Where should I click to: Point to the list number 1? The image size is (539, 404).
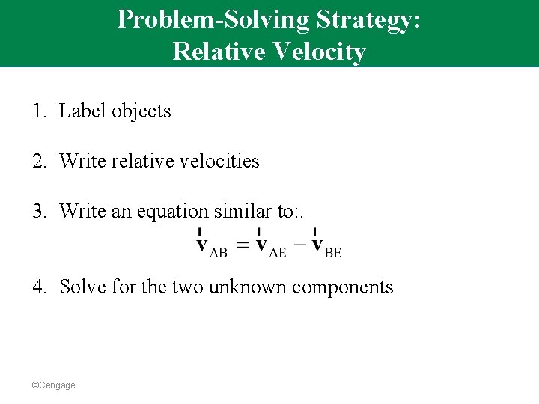(37, 111)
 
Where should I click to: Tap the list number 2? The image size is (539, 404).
(37, 161)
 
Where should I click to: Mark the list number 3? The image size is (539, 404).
(37, 212)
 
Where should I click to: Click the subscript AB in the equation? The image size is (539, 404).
(219, 254)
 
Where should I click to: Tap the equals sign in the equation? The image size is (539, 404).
(241, 245)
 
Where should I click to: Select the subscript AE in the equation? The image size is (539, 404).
(278, 254)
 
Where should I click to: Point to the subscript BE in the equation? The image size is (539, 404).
(333, 254)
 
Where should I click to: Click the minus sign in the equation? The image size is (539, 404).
(299, 245)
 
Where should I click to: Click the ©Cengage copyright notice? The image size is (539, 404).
(53, 385)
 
